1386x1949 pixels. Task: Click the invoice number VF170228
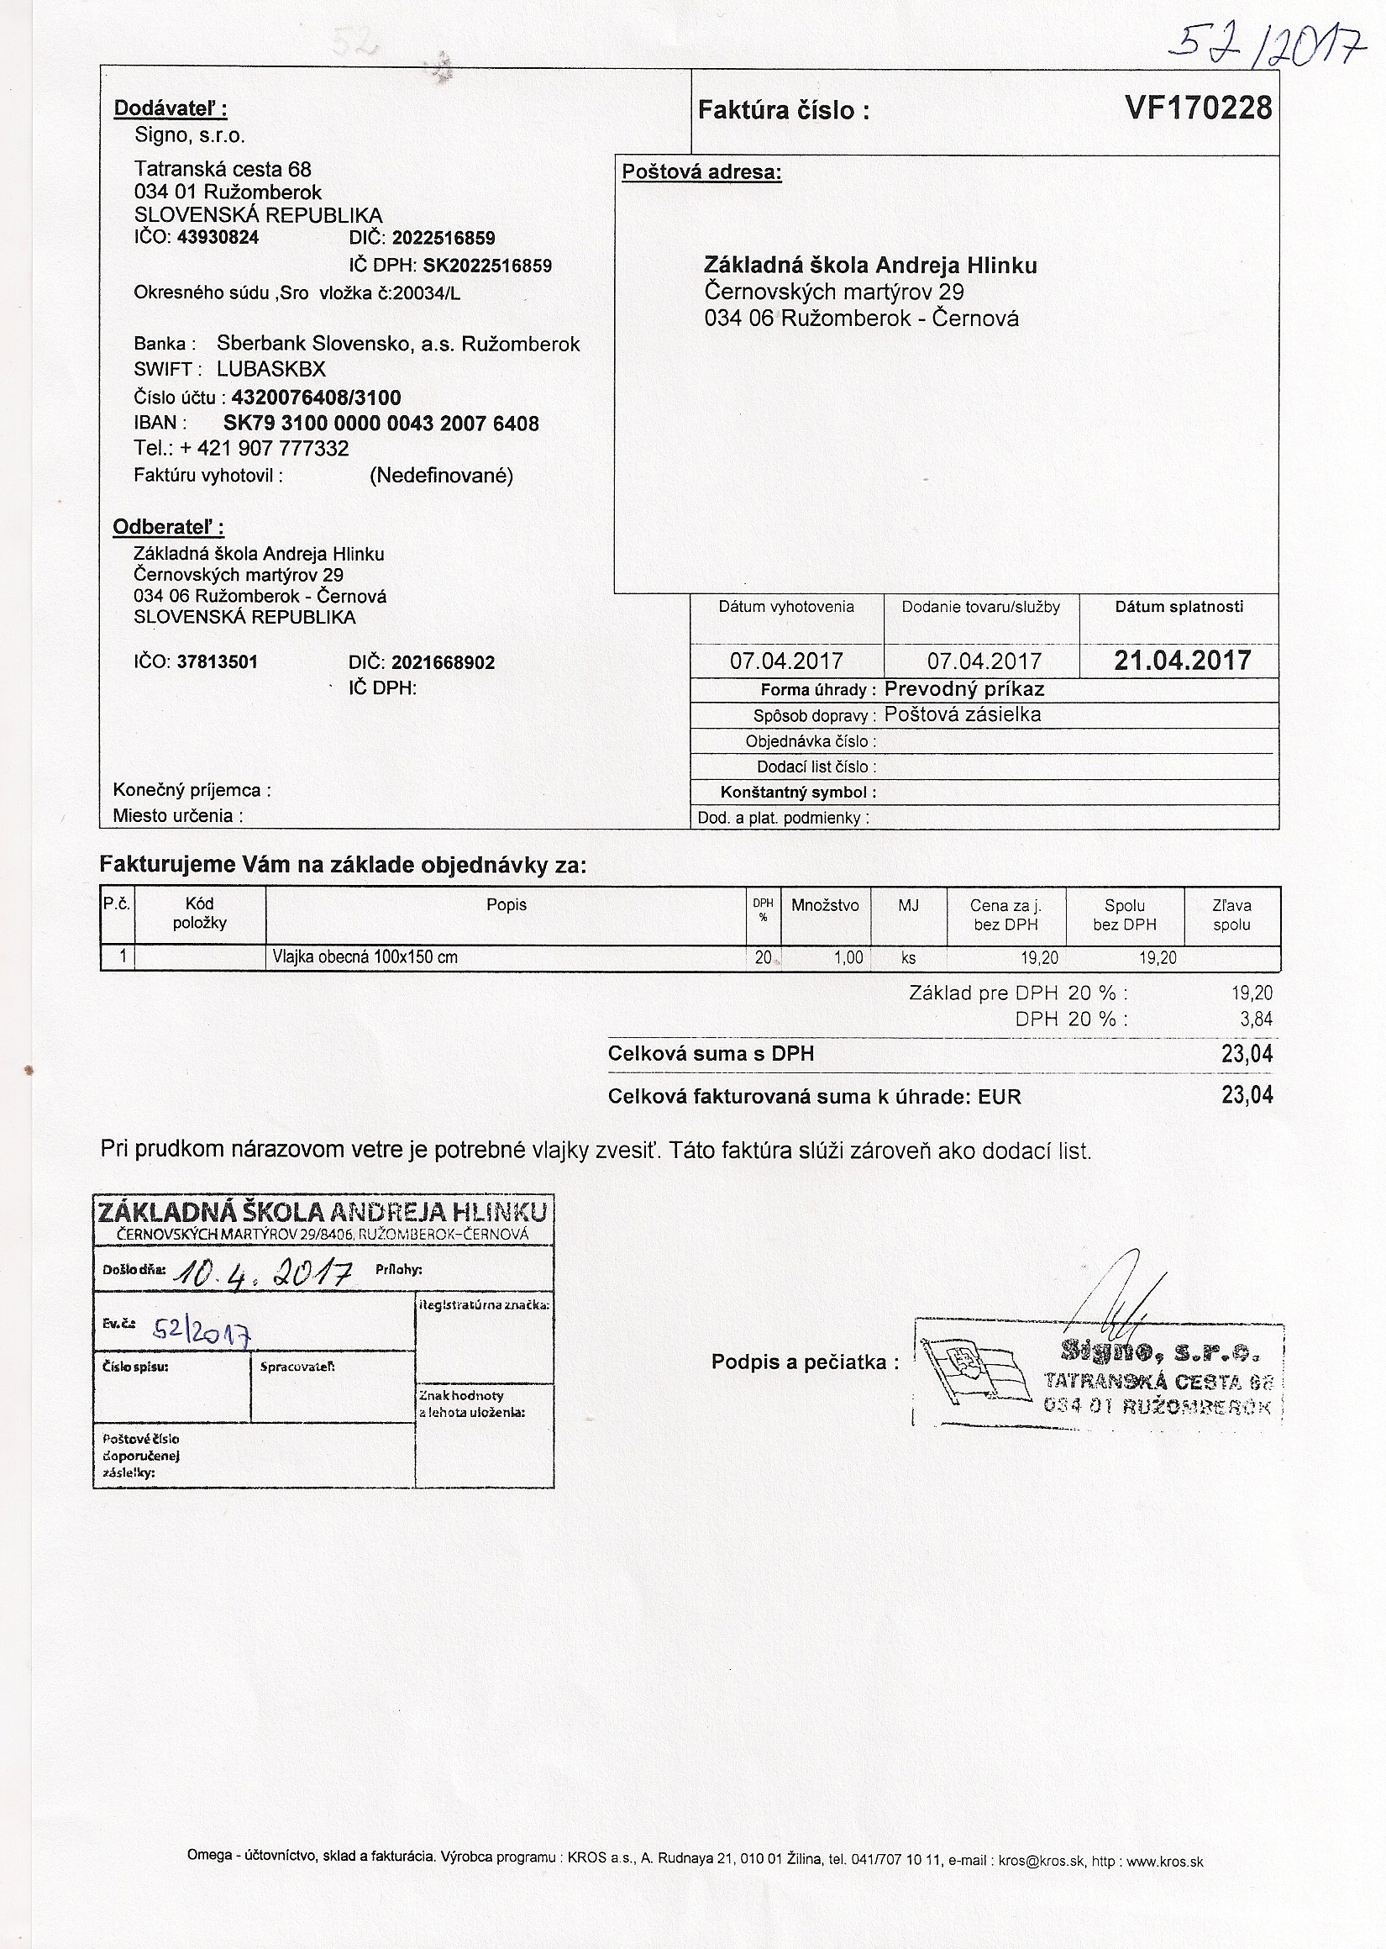pyautogui.click(x=1197, y=108)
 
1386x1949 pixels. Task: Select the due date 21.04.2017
pyautogui.click(x=1182, y=661)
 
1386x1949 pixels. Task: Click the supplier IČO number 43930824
pyautogui.click(x=218, y=237)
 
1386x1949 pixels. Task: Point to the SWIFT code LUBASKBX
pyautogui.click(x=270, y=370)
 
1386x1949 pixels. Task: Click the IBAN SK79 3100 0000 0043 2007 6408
pyautogui.click(x=381, y=424)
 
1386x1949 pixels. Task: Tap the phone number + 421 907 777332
pyautogui.click(x=264, y=449)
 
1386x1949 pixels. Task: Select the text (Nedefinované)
pyautogui.click(x=441, y=476)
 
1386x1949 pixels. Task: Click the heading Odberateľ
pyautogui.click(x=168, y=528)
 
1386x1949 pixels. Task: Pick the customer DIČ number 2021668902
pyautogui.click(x=443, y=662)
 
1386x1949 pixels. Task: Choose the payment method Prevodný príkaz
pyautogui.click(x=963, y=689)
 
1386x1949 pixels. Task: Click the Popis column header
pyautogui.click(x=506, y=905)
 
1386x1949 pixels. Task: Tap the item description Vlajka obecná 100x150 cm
pyautogui.click(x=365, y=957)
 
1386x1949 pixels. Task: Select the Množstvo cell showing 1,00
pyautogui.click(x=848, y=958)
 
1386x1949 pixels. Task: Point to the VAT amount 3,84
pyautogui.click(x=1256, y=1019)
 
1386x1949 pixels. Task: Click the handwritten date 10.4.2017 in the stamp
pyautogui.click(x=263, y=1275)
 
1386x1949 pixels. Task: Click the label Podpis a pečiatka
pyautogui.click(x=805, y=1362)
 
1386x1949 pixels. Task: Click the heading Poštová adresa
pyautogui.click(x=701, y=172)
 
